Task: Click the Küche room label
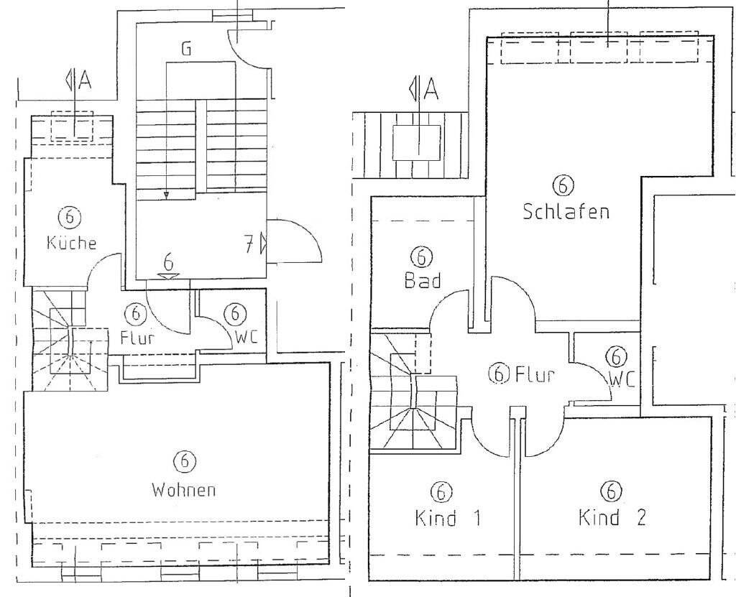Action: (71, 243)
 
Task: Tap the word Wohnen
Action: (184, 491)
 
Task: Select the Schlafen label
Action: (566, 212)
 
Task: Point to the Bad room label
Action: (422, 281)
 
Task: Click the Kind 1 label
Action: (447, 518)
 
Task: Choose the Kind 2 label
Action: (612, 517)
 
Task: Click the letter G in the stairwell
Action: (186, 50)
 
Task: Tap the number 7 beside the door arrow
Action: (248, 245)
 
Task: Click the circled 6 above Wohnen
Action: (184, 461)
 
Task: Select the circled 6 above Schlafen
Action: (563, 185)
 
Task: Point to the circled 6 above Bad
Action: (422, 256)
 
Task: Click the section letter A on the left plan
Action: (85, 81)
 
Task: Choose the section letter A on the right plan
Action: (430, 89)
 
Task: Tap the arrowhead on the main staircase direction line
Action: (166, 195)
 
